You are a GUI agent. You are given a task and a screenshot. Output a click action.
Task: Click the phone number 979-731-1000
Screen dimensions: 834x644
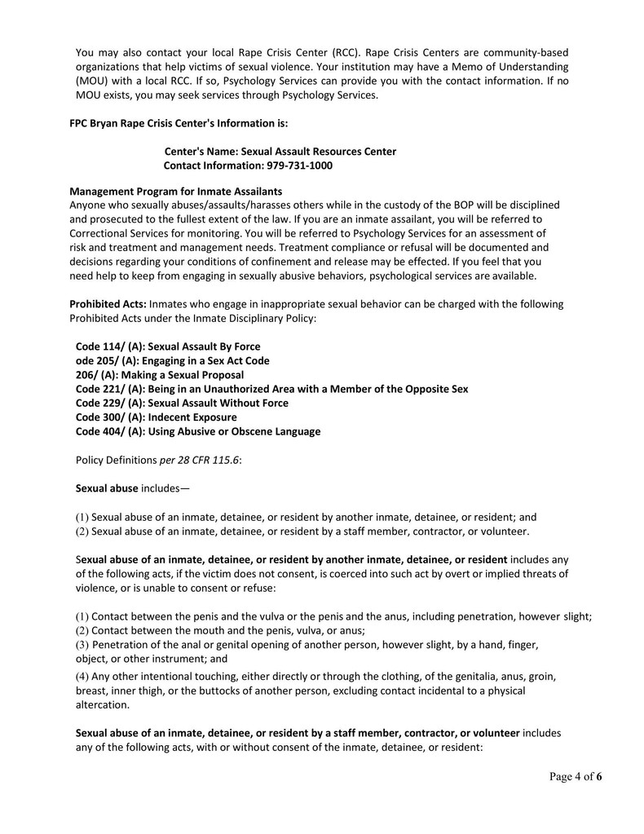(299, 165)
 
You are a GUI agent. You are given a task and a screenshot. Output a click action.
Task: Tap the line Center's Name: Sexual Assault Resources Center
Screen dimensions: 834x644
(280, 152)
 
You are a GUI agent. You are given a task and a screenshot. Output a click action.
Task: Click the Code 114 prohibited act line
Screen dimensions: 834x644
(168, 346)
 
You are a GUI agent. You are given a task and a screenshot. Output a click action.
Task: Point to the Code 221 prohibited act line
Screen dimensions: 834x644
(271, 389)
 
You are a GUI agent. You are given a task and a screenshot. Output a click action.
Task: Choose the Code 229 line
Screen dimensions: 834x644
(182, 403)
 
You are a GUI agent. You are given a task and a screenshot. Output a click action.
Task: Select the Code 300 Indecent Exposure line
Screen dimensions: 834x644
(157, 417)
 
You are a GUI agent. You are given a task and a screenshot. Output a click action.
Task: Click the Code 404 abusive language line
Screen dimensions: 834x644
(198, 431)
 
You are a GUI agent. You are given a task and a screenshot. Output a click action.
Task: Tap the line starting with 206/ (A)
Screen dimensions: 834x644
(160, 375)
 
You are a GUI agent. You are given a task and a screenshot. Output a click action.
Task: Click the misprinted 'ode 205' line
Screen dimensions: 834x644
(172, 360)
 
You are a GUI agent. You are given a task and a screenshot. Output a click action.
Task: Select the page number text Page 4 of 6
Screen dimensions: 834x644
(576, 776)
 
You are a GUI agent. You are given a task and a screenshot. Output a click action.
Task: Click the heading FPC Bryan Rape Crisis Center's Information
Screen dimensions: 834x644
(179, 124)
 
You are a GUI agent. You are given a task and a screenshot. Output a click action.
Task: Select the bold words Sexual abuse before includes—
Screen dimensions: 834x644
(107, 488)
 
